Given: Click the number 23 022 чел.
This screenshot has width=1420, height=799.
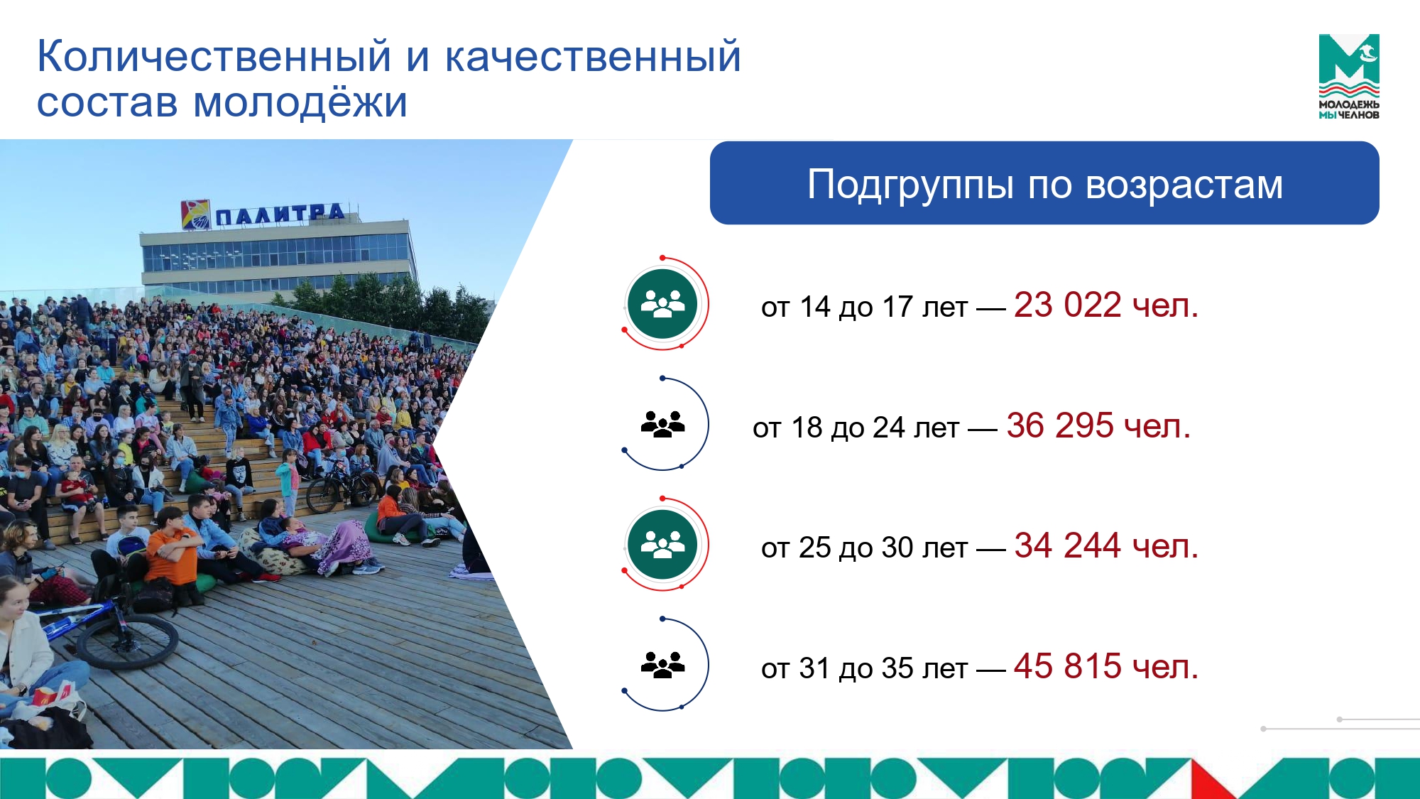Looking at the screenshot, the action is [1105, 305].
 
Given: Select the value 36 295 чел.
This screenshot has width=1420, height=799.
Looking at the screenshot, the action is [1098, 426].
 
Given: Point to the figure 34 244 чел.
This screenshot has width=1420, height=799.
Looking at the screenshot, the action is [1105, 546].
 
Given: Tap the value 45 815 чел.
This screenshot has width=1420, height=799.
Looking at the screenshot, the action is [1105, 667].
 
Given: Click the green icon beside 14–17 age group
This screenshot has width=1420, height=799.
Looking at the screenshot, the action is [662, 304].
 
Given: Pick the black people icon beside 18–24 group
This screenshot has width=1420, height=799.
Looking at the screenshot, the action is [662, 424].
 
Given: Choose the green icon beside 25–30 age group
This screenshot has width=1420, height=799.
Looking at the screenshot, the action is [662, 545].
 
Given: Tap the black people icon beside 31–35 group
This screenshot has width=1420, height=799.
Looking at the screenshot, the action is [662, 665].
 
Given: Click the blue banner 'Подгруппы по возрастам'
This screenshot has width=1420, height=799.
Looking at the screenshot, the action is [1044, 183].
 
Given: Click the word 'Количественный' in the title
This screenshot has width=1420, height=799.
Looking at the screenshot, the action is [214, 56].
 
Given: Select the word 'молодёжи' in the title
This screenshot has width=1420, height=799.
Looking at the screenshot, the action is [300, 102].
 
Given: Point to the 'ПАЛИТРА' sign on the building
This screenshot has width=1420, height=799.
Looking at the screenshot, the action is [280, 214].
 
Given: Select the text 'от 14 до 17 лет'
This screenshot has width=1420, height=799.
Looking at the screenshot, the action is [864, 308].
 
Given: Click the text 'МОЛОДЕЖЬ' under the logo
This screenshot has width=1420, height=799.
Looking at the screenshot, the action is [1349, 104].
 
